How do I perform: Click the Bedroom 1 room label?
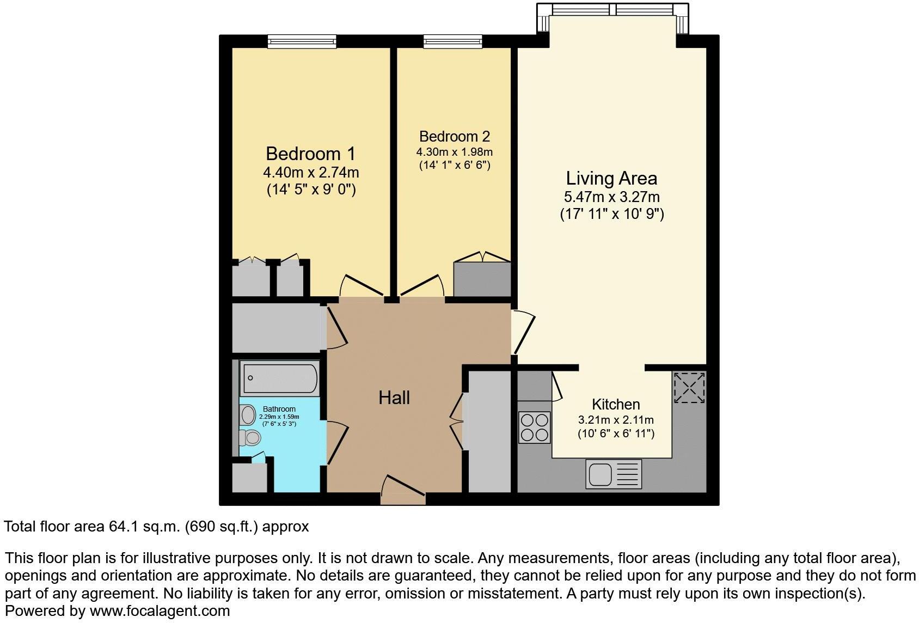[310, 153]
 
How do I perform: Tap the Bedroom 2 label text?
[454, 136]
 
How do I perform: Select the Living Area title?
[611, 178]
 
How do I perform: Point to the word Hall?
[394, 398]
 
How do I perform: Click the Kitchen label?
[615, 405]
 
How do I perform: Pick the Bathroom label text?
[279, 409]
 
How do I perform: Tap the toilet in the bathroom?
[252, 437]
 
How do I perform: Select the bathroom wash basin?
[248, 415]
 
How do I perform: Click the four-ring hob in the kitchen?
[534, 427]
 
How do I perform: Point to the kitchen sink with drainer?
[614, 473]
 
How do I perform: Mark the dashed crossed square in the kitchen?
[689, 387]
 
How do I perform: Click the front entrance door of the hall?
[403, 490]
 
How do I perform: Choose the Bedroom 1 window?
[302, 41]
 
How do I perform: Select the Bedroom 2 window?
[452, 41]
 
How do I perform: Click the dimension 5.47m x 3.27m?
[611, 197]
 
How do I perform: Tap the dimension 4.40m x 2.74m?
[310, 173]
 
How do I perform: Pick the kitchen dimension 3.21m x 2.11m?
[615, 420]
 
